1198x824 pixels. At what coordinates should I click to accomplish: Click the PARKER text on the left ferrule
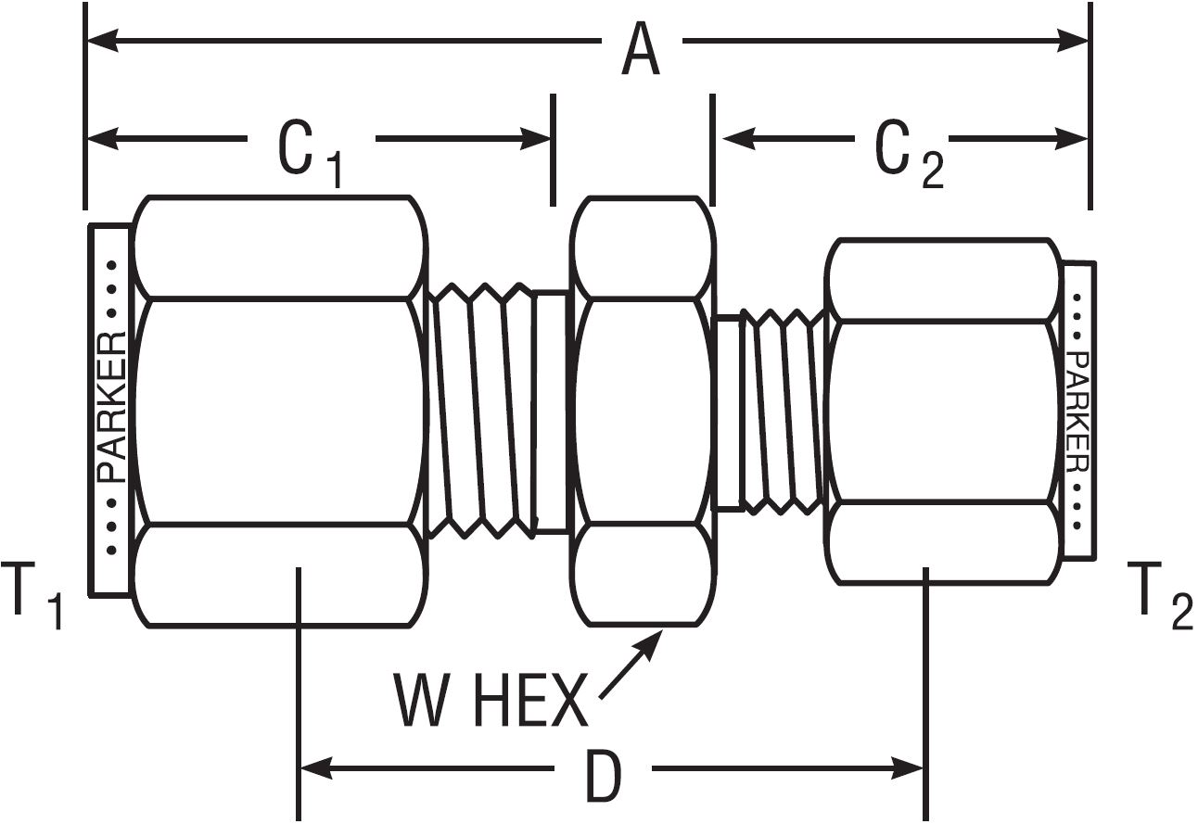click(x=112, y=408)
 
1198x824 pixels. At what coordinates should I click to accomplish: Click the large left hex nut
click(x=281, y=411)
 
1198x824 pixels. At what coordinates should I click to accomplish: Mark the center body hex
click(x=642, y=411)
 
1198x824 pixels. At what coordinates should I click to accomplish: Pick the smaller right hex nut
click(x=943, y=411)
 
